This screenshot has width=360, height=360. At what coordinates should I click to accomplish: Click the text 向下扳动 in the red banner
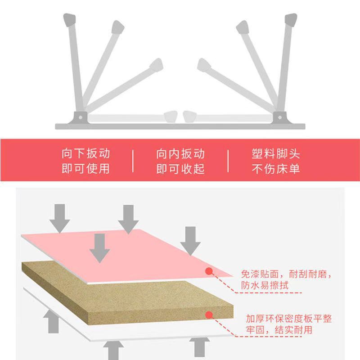85,154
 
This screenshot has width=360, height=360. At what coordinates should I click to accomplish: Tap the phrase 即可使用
85,169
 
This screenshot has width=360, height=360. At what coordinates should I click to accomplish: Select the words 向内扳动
180,154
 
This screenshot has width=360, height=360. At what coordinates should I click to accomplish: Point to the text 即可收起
180,169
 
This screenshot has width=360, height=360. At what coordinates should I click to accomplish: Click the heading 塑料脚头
275,154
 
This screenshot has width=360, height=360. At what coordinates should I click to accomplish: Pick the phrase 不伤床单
275,169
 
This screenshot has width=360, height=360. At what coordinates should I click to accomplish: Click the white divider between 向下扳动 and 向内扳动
133,161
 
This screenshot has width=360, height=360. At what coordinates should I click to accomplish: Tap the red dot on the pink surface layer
209,271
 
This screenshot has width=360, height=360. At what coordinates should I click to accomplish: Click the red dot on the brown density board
209,315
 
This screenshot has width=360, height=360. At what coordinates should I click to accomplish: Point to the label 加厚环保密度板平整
288,319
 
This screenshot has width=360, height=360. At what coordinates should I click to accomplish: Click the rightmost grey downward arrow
192,242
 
